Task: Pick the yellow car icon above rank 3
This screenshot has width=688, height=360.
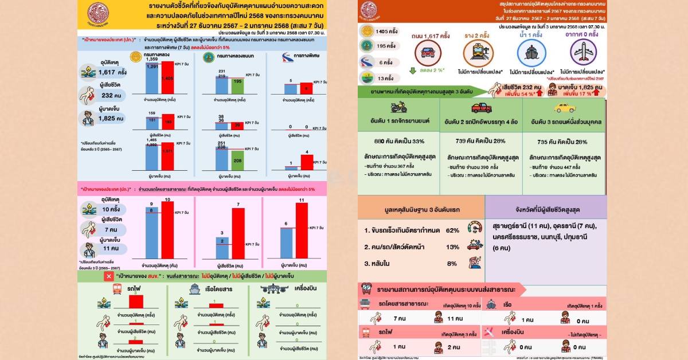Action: pos(564,107)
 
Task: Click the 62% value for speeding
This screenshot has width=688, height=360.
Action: pos(452,230)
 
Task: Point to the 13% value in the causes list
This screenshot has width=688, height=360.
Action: pos(452,247)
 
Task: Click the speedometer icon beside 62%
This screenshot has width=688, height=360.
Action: pos(475,228)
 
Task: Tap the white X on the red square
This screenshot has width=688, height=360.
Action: pos(109,276)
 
